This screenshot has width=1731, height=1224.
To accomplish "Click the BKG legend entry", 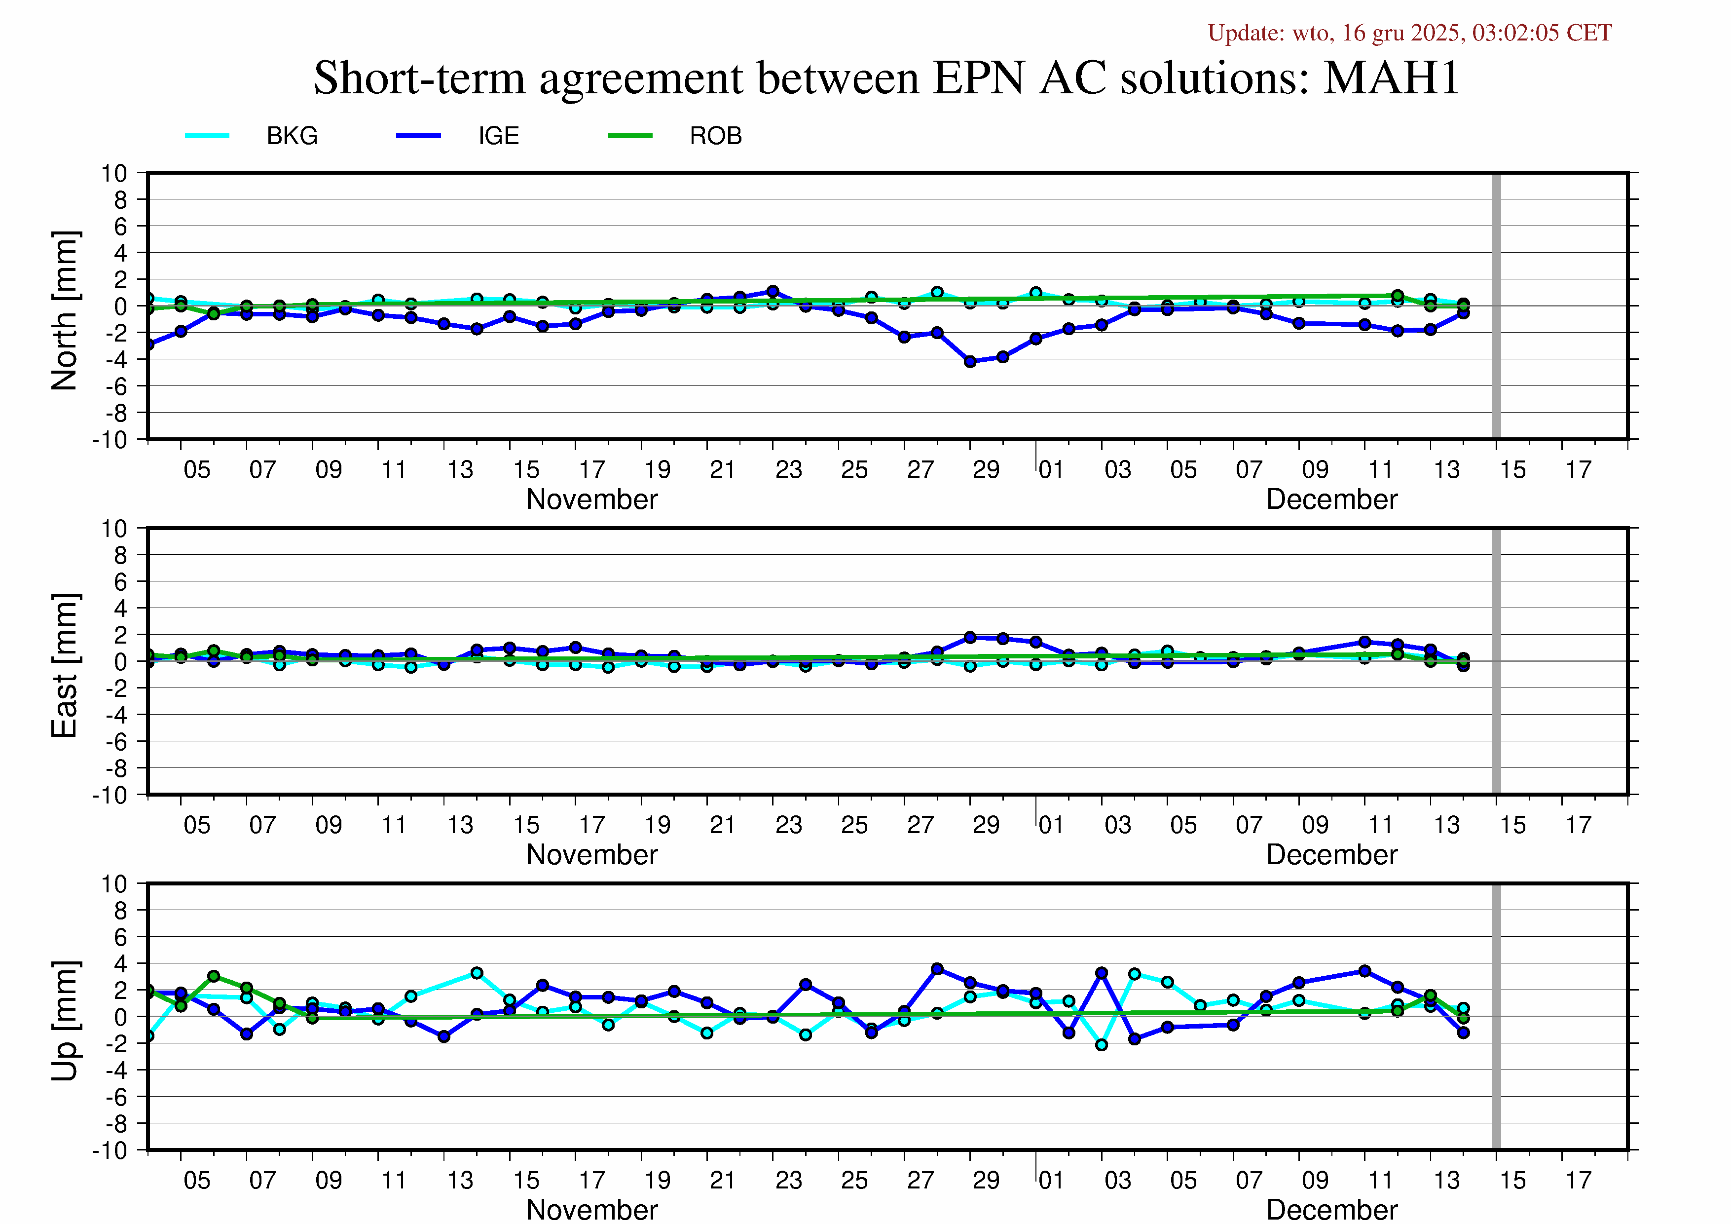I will pos(291,136).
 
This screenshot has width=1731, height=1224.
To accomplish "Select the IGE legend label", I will pos(498,136).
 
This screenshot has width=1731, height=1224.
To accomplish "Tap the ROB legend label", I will pos(715,136).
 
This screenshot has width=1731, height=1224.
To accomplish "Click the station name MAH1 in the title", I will pos(1391,77).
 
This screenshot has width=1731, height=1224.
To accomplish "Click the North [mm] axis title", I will pos(65,311).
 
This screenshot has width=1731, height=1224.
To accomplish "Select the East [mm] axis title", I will pos(65,665).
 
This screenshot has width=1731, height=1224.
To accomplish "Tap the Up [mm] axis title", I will pos(65,1020).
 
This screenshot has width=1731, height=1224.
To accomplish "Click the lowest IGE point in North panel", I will pos(970,362).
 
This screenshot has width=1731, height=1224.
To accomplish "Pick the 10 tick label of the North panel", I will pos(114,173).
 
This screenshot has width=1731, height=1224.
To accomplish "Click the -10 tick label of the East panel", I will pos(110,795).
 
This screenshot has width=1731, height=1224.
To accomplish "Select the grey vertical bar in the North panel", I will pos(1497,306).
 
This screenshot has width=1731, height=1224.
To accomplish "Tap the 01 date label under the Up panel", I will pos(1051,1180).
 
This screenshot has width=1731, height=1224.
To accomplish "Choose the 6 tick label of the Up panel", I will pos(121,937).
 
